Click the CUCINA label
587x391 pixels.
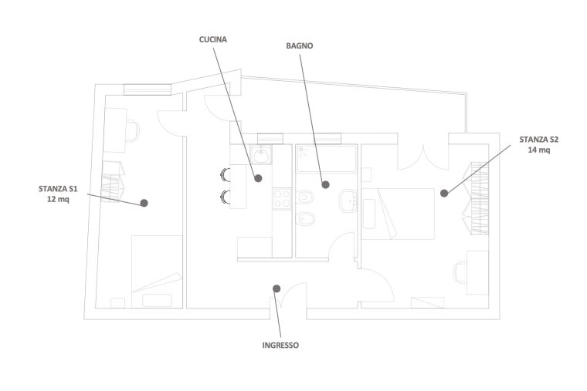[212, 39]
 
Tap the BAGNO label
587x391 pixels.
[300, 46]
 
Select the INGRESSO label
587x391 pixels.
[280, 345]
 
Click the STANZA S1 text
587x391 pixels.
[58, 189]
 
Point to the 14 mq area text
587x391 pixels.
[539, 150]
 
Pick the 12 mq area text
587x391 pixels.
[58, 199]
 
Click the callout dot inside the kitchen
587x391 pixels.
[258, 178]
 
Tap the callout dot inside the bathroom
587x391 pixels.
[326, 184]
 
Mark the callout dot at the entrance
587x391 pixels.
[277, 288]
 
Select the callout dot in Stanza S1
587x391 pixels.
[144, 203]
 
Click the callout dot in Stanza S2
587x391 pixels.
[444, 194]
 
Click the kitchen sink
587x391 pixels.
[261, 155]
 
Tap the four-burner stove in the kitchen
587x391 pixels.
[282, 198]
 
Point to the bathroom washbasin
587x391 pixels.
[348, 201]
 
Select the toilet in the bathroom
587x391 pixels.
[305, 197]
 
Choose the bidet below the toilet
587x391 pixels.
[305, 220]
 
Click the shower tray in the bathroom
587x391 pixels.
[326, 159]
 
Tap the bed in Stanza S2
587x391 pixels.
[399, 214]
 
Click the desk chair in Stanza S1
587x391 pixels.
[132, 130]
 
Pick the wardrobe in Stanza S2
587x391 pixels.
[476, 198]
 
